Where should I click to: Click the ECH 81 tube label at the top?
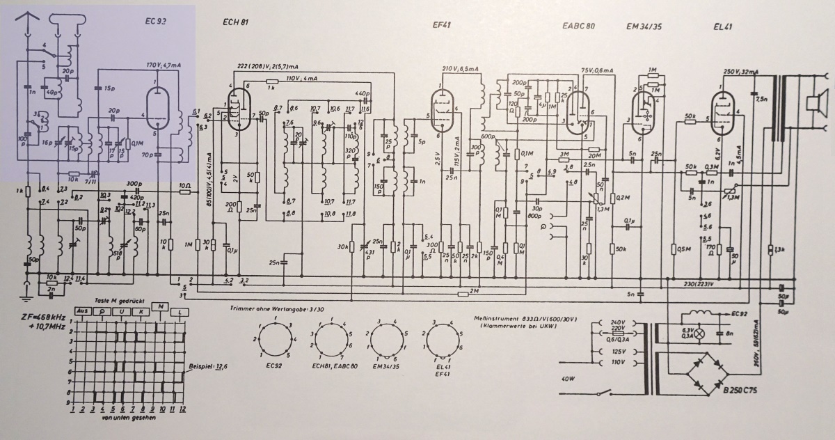236,22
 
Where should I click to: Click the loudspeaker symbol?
811,104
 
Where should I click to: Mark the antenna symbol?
29,24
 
